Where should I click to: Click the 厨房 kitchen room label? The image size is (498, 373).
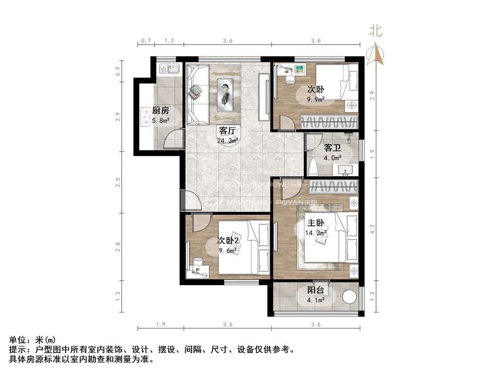160,111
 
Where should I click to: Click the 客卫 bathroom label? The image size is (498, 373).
333,148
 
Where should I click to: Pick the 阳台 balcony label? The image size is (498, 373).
317,290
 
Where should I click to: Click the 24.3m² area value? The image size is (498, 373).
228,141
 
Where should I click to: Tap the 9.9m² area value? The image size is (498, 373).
316,100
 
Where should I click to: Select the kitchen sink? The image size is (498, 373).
168,69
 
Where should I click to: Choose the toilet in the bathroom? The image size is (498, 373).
314,167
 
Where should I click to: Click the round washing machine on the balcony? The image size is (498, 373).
350,296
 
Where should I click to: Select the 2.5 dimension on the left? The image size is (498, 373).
117,183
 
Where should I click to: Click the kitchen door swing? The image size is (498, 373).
173,139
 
